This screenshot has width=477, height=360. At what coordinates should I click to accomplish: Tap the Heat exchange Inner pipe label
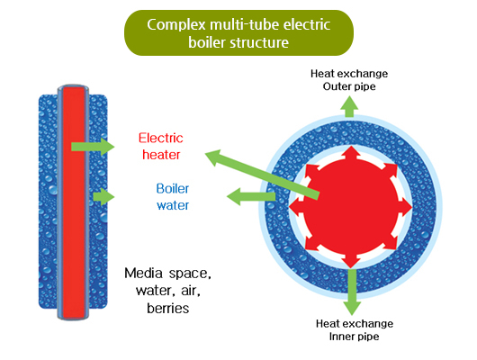tap(353, 329)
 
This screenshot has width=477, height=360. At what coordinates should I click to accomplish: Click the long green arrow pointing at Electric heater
tap(261, 175)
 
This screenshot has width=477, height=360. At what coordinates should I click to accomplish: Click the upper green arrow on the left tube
tap(90, 146)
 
